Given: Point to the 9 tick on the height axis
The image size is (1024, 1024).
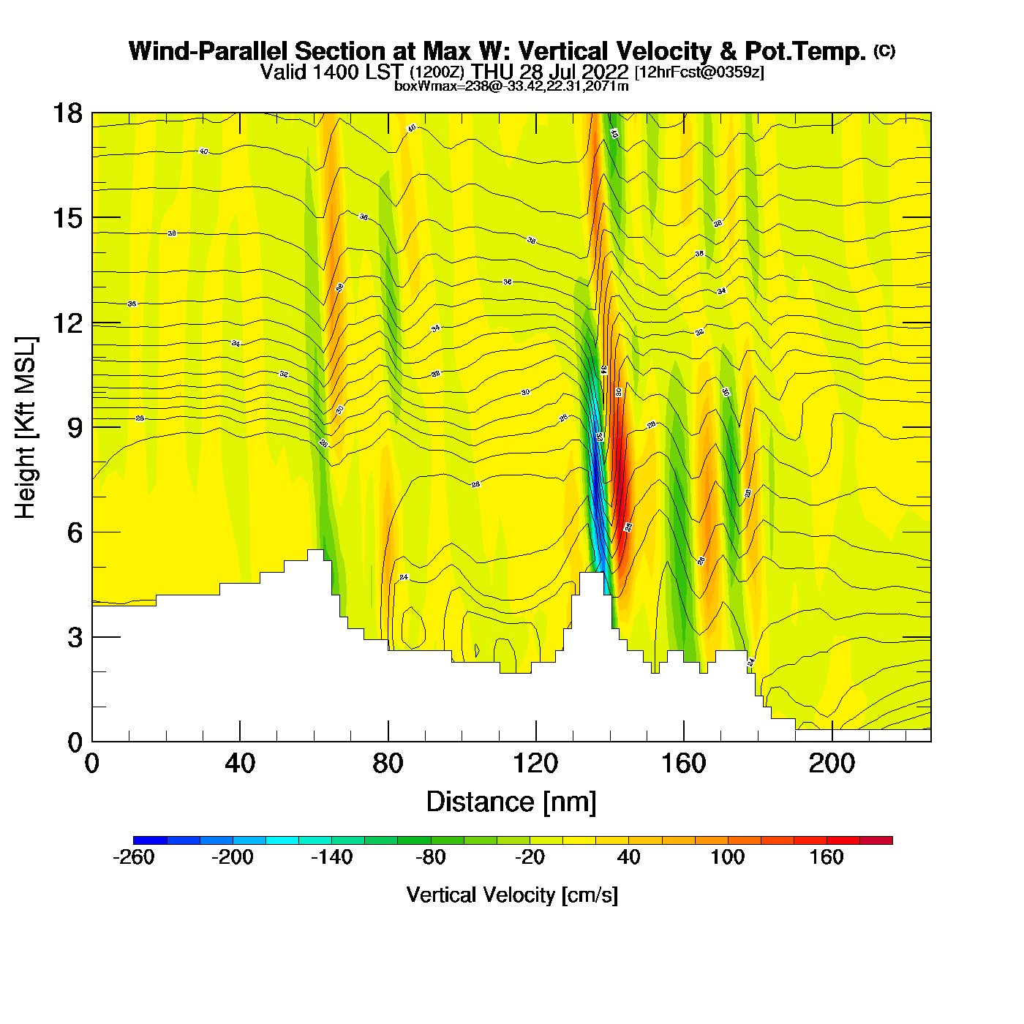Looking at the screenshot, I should tap(75, 428).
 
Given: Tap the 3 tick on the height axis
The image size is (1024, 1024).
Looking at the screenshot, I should tap(75, 638).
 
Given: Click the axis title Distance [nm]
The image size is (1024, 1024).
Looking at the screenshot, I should tap(511, 802).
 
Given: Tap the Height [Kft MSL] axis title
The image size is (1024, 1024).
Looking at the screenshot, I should tap(26, 428).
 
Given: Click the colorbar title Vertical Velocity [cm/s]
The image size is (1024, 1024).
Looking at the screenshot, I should tap(512, 895).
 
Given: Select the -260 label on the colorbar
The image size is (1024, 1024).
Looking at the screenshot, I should tap(134, 857).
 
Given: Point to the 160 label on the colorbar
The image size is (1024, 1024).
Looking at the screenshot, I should tap(827, 857).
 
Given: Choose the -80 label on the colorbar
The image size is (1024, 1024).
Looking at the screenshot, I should tap(430, 857).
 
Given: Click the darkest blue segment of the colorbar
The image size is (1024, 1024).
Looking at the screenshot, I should tap(150, 840).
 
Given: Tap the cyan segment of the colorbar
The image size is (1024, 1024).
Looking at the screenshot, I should tap(282, 840).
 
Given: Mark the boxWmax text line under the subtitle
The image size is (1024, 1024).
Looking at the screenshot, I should tap(511, 86).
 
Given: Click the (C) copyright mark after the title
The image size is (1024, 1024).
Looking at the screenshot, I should tap(884, 50).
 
